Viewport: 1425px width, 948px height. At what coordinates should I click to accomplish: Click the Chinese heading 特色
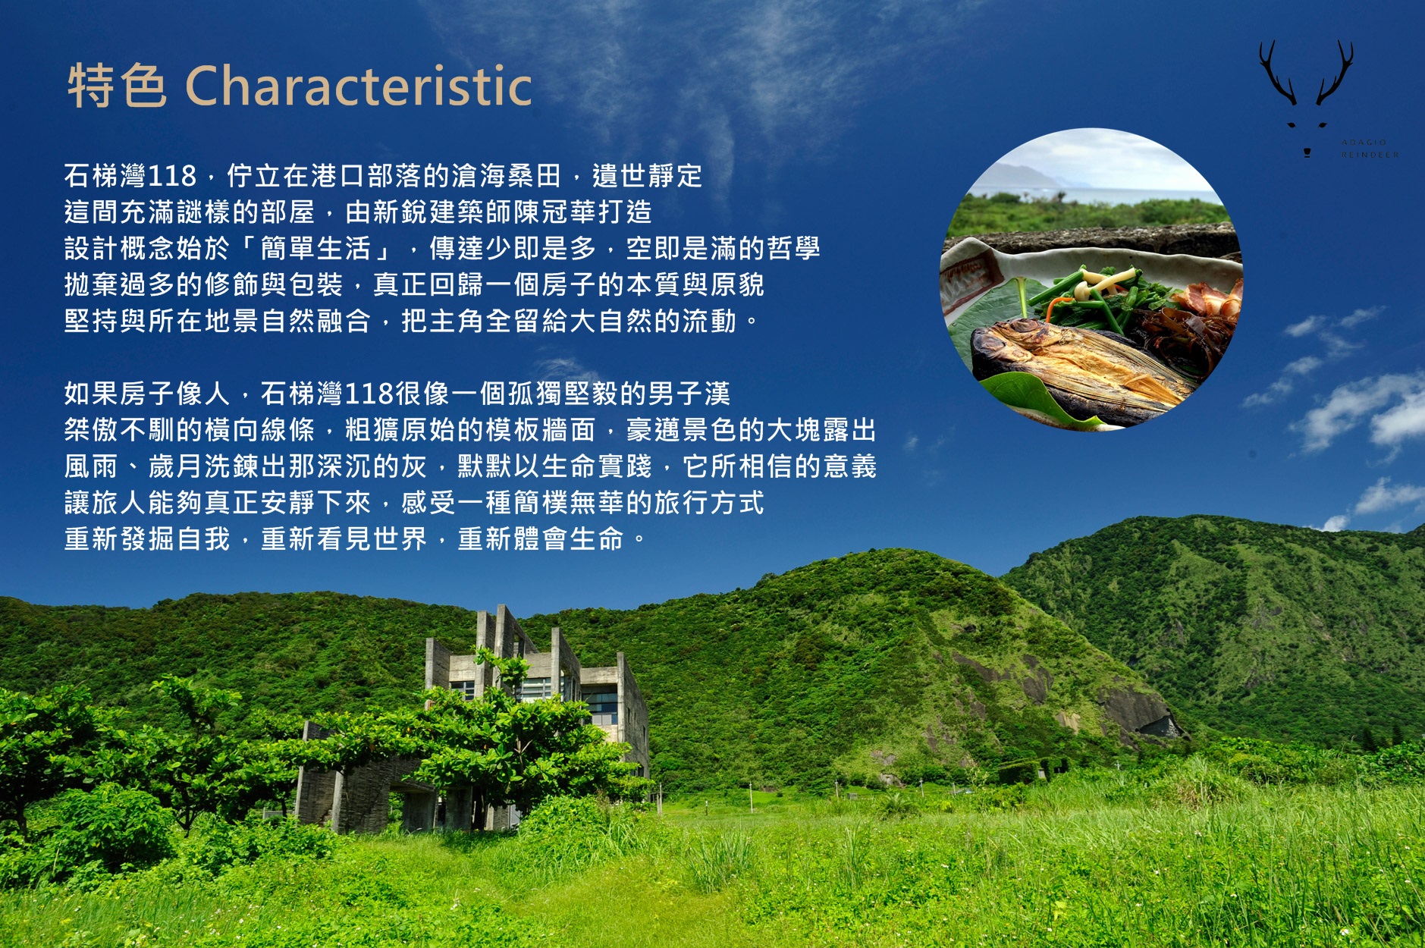[117, 85]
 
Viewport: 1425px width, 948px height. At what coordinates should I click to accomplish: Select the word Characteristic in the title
[358, 85]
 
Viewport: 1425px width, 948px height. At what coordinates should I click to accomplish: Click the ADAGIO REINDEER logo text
[1370, 149]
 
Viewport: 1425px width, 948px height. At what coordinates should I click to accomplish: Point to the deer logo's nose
[1307, 152]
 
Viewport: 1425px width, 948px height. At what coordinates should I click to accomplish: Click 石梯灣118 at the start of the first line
[130, 176]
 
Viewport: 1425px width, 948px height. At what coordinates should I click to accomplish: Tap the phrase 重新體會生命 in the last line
[541, 539]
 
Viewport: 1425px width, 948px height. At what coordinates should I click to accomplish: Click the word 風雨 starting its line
[92, 466]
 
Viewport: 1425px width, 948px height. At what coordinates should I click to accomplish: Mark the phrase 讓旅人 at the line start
[106, 503]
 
